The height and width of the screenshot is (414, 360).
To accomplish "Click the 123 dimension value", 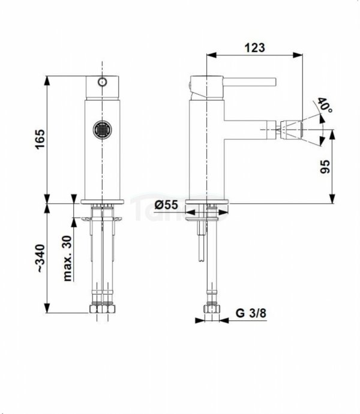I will click(x=254, y=47).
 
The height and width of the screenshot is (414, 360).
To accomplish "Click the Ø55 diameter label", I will click(x=166, y=205).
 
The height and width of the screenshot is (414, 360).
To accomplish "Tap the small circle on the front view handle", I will click(x=102, y=80).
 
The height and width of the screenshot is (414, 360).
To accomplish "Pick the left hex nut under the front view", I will click(x=95, y=309).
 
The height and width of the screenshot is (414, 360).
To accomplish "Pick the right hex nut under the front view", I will click(x=109, y=309).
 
